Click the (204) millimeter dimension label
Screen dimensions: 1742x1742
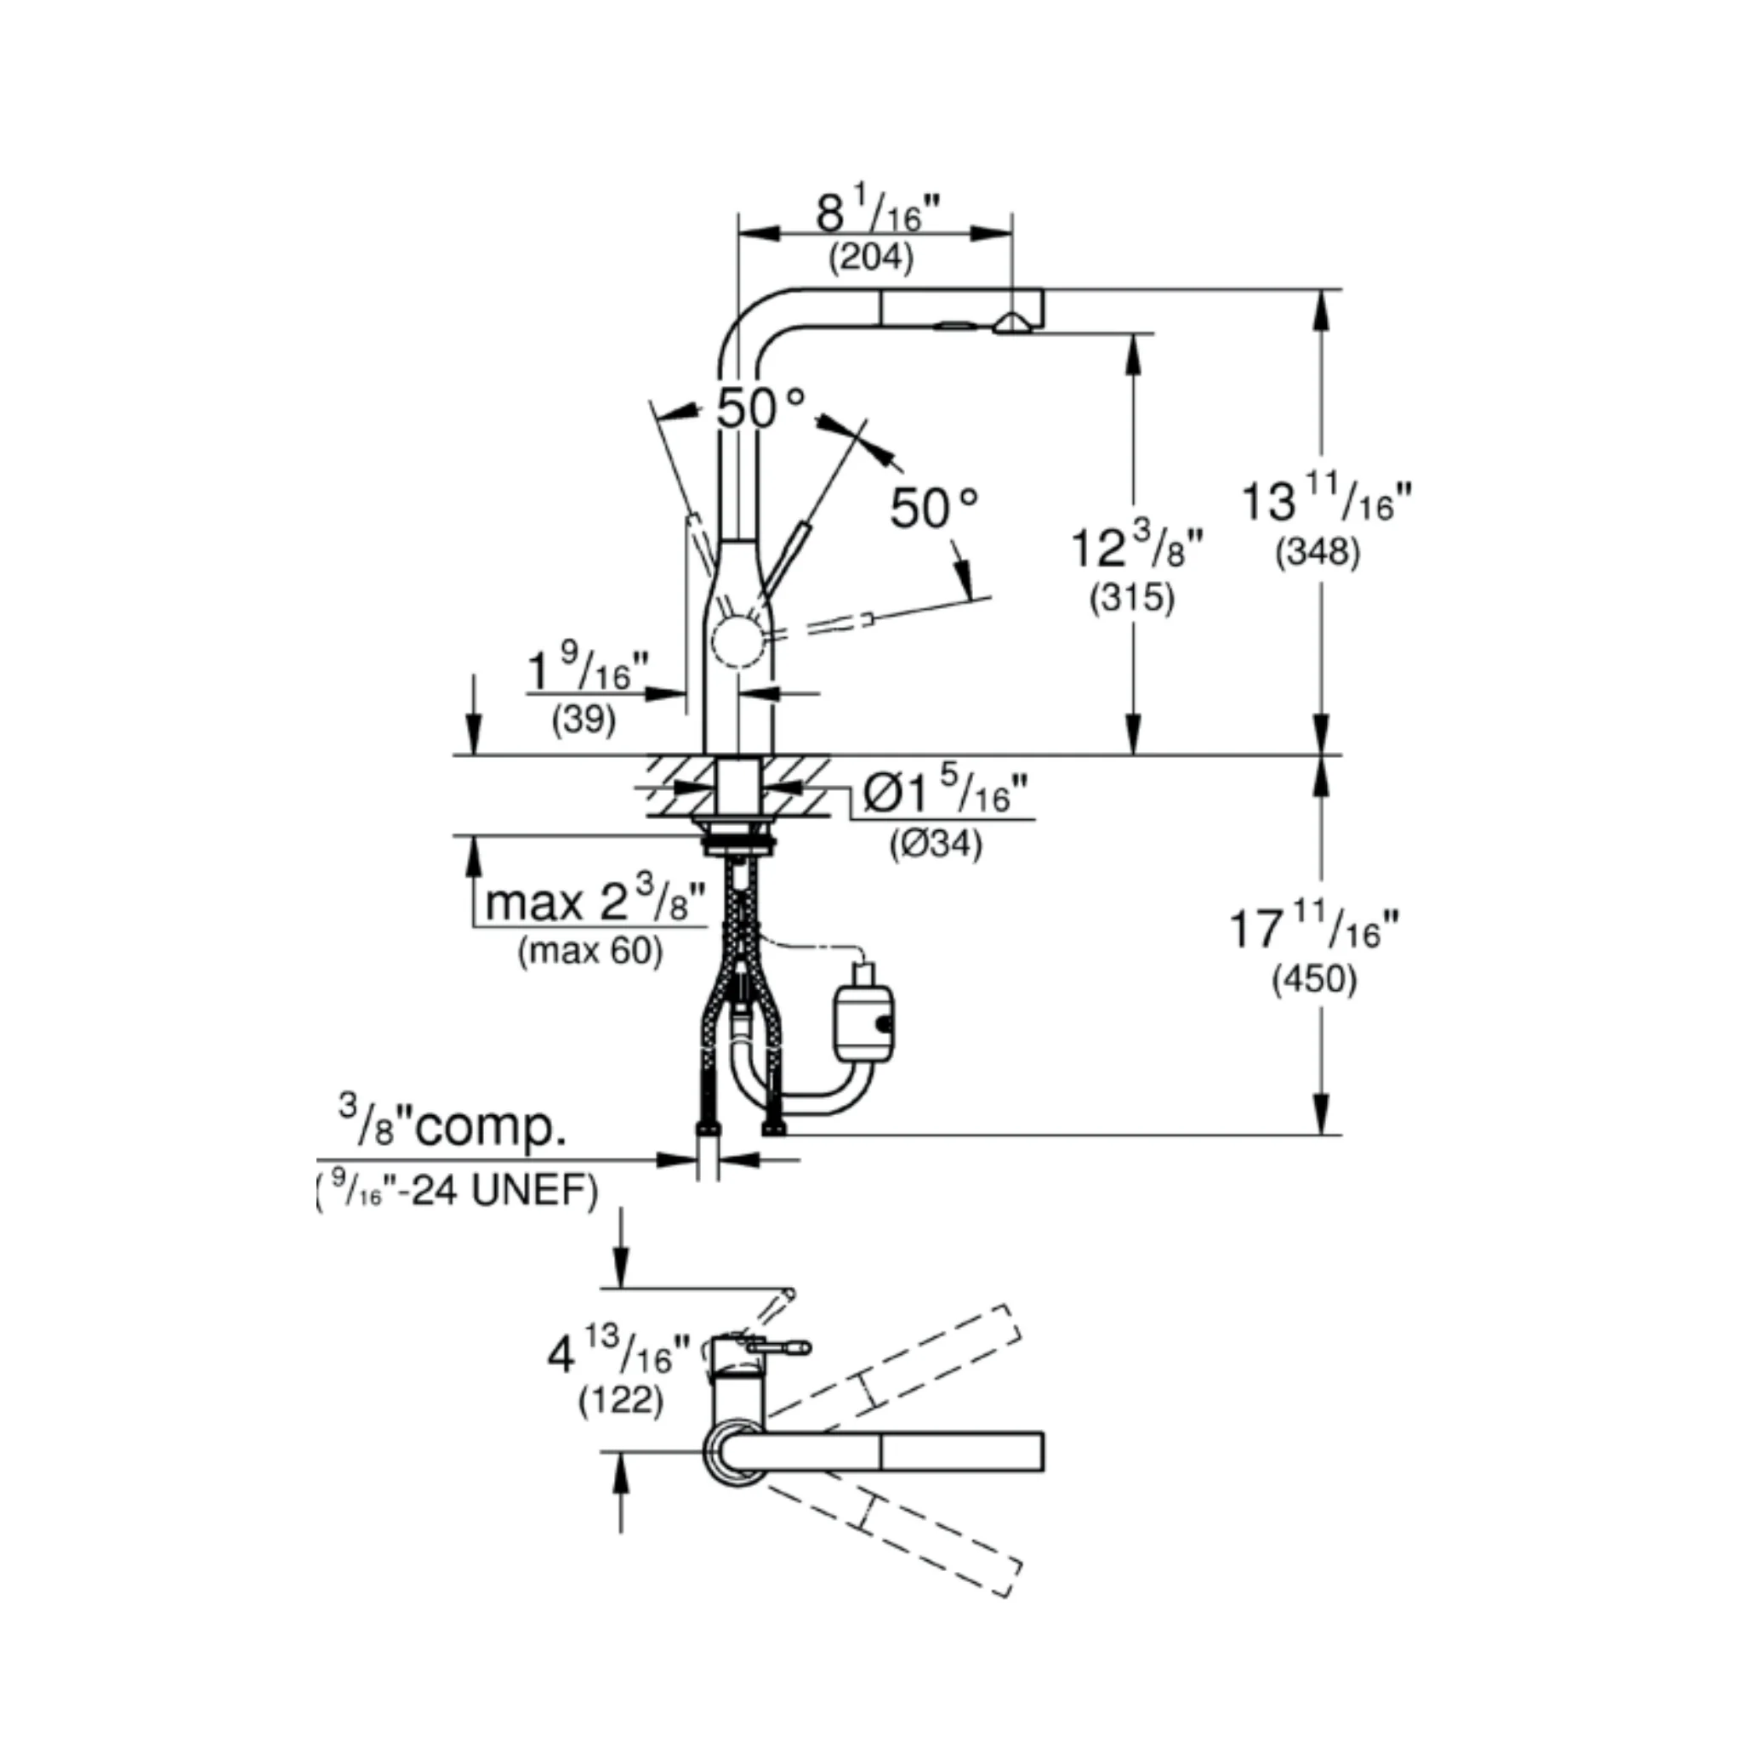pos(871,258)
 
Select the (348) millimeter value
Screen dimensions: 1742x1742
pos(1318,551)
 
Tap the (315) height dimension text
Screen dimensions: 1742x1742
pos(1132,598)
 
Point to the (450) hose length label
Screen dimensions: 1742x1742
pos(1315,979)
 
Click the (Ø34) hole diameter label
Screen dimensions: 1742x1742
pos(936,844)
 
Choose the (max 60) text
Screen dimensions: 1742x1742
pos(590,951)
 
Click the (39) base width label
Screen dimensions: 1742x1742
pos(584,720)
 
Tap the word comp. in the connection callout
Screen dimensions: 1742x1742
pos(492,1130)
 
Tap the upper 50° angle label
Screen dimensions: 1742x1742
pos(760,408)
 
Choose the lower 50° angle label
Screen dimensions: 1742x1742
pos(934,509)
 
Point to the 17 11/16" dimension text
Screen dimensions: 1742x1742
pos(1315,930)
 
